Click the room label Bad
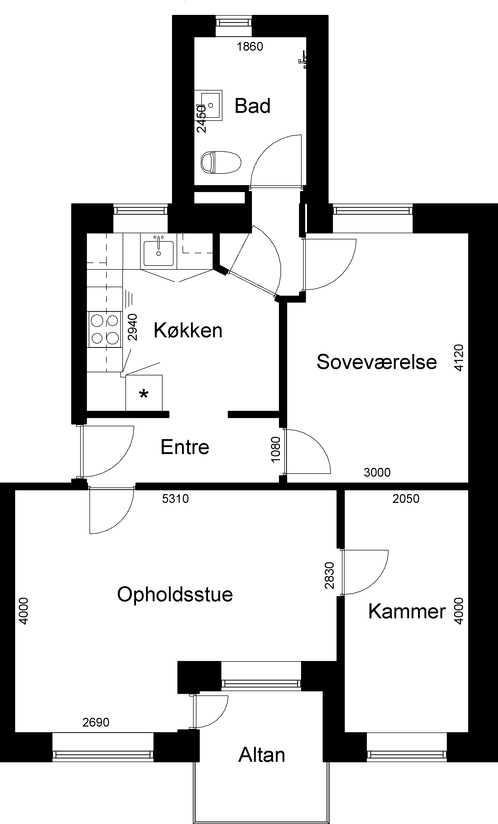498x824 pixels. point(252,106)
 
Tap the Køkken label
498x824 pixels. point(188,330)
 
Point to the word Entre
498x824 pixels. point(185,447)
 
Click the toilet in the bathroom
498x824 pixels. point(221,162)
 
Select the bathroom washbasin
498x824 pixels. point(209,105)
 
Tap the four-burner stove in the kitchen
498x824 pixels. point(105,329)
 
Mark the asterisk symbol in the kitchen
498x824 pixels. point(143,395)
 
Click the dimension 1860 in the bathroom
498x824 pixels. point(250,47)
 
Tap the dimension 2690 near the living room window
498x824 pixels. point(96,722)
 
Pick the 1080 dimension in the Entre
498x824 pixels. point(276,449)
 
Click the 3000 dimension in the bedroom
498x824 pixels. point(377,473)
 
